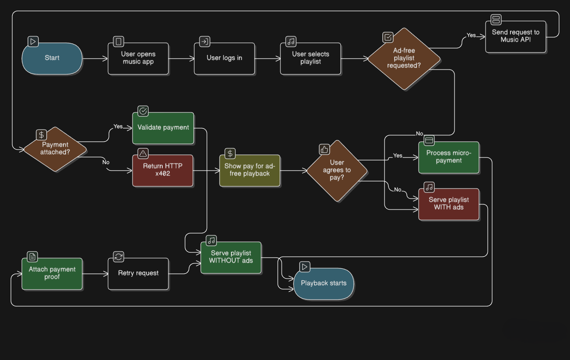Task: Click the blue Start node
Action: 52,58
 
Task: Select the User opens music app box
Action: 138,58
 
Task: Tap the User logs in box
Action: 224,58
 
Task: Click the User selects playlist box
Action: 311,58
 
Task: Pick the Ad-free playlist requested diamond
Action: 403,59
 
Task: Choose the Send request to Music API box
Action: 515,36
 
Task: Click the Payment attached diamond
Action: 55,149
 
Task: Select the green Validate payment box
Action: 163,128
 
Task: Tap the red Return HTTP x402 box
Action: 163,170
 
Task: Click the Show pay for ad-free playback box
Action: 250,170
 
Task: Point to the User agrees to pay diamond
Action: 336,170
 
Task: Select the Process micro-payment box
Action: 448,157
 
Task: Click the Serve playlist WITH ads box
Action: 448,204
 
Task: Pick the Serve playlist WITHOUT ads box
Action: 231,257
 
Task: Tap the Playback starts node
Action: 324,283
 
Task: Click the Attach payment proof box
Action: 52,273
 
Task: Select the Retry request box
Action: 138,273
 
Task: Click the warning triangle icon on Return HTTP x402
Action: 143,154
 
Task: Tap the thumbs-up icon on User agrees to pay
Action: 324,150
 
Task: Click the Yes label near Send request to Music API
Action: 471,35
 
